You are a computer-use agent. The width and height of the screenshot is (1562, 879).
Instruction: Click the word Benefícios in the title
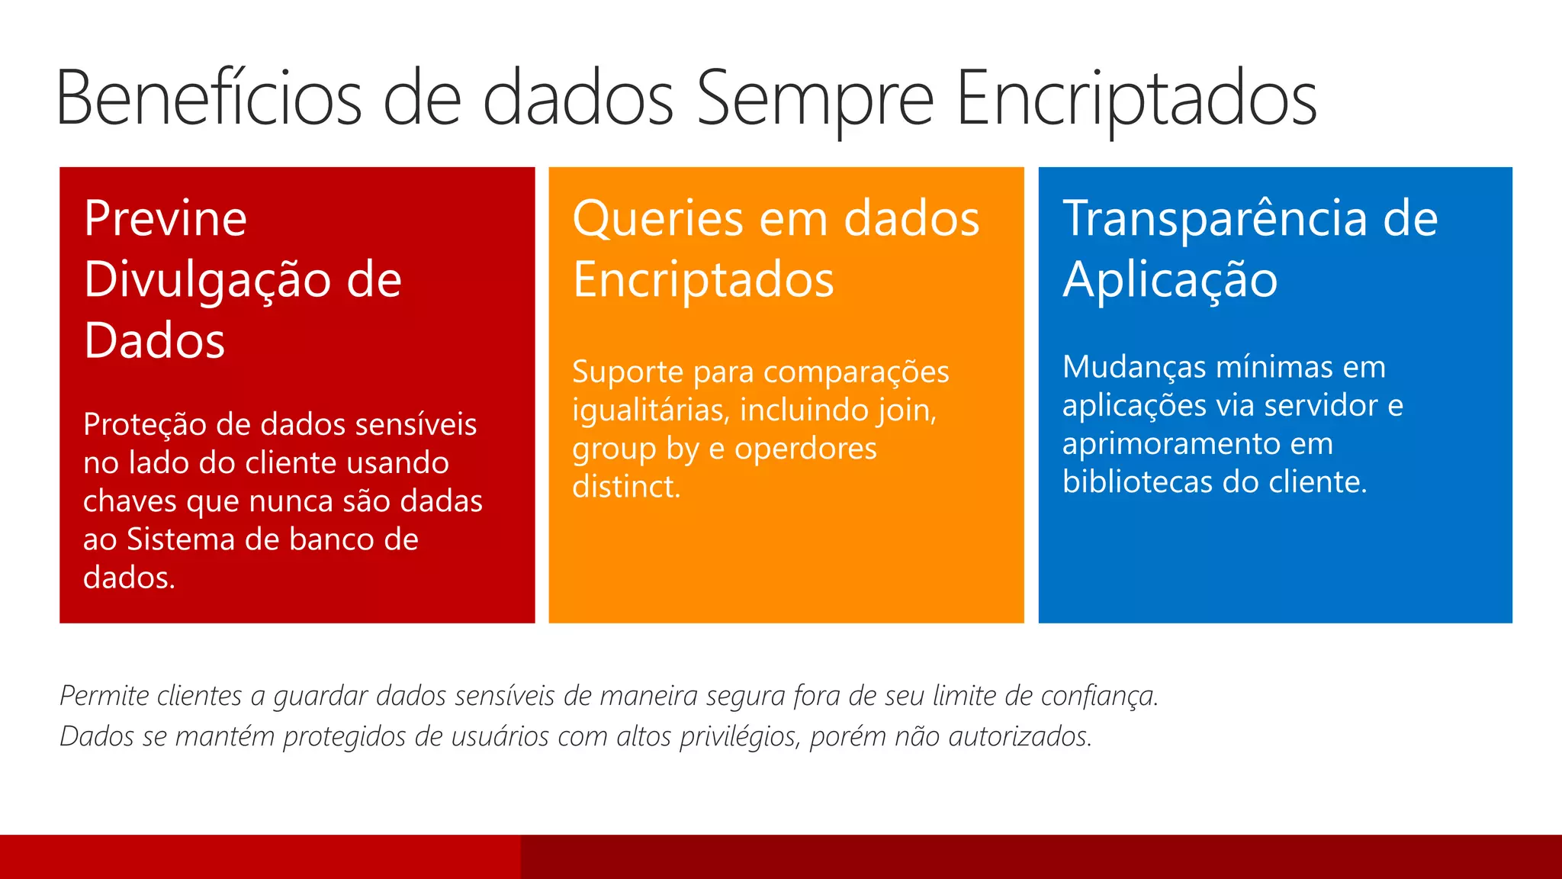[208, 98]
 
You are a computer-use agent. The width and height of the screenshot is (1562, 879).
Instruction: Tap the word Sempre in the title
[815, 98]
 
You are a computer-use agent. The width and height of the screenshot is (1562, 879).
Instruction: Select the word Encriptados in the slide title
[1136, 98]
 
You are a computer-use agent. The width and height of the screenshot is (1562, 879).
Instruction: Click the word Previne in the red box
[166, 218]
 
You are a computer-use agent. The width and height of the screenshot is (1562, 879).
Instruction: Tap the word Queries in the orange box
[657, 218]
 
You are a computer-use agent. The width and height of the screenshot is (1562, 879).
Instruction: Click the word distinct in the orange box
[624, 487]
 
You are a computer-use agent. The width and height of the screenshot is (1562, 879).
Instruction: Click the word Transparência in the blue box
[1216, 218]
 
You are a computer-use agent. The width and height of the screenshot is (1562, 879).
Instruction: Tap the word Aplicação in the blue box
[1170, 280]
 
